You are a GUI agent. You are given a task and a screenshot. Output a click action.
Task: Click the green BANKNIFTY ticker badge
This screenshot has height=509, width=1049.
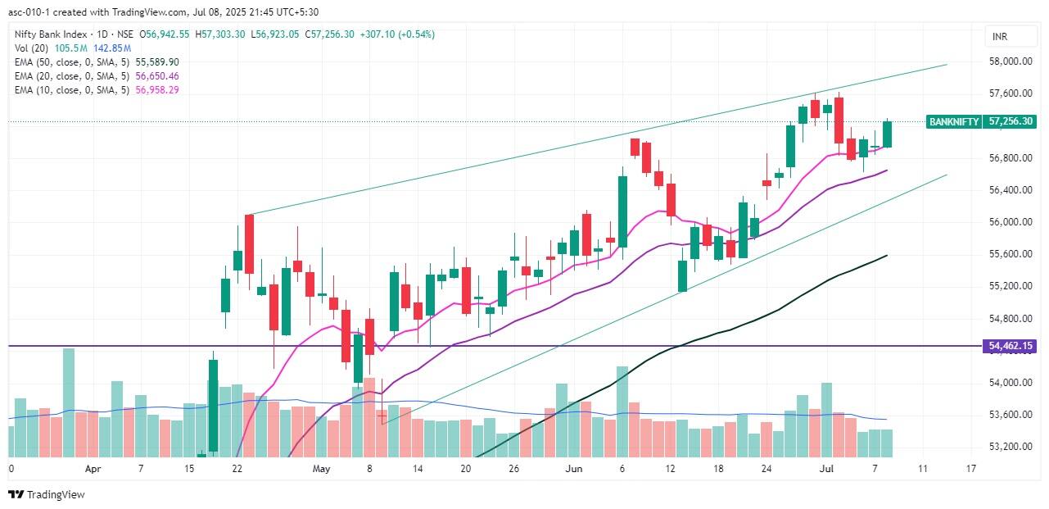[x=954, y=121]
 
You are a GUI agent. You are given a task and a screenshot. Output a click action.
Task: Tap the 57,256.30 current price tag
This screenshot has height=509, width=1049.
[x=1011, y=121]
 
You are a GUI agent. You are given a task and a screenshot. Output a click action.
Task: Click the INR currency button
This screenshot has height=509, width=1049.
[x=999, y=37]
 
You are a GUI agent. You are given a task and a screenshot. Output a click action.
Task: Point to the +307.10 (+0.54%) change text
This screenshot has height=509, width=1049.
[x=396, y=34]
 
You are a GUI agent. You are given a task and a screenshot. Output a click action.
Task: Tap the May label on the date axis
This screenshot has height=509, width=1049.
[x=321, y=469]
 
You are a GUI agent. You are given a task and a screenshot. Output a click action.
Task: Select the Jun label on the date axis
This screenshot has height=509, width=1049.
[x=573, y=469]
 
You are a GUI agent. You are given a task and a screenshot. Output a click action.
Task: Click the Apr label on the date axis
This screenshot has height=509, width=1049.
[x=93, y=469]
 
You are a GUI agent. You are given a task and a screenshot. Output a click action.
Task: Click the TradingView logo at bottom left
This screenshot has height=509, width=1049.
[x=47, y=494]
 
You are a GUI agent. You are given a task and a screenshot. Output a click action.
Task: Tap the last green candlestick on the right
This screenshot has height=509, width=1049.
[x=887, y=134]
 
